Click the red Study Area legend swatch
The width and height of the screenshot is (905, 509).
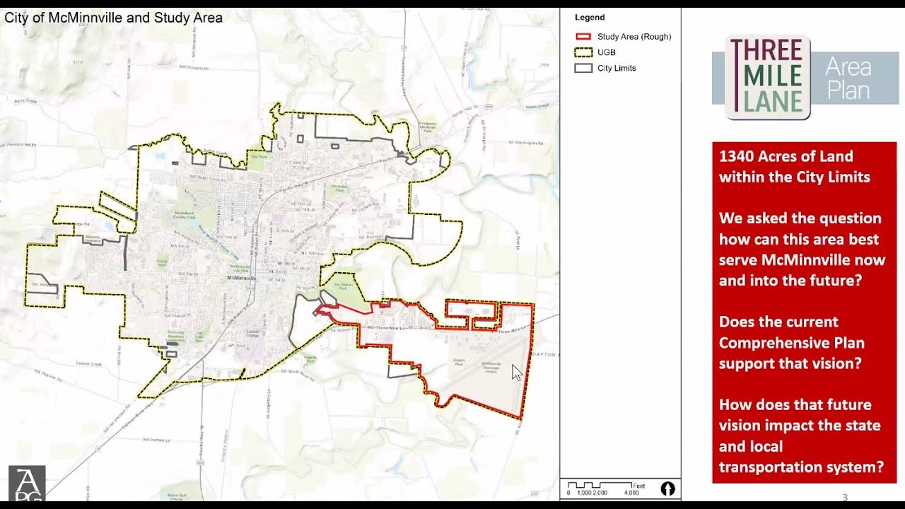(x=583, y=37)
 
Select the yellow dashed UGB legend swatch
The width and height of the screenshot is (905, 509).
(x=583, y=52)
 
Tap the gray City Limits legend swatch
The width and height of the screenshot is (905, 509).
(x=583, y=68)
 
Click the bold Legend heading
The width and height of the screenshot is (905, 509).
(x=590, y=18)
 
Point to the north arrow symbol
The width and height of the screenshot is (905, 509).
(x=667, y=488)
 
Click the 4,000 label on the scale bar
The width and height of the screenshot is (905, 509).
(x=631, y=493)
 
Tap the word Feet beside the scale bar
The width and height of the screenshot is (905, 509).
(x=639, y=486)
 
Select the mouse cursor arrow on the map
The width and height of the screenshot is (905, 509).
(x=516, y=373)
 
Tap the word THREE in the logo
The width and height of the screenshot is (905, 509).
(x=766, y=51)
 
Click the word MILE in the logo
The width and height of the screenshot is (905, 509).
(x=766, y=76)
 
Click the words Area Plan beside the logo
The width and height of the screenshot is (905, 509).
(x=848, y=78)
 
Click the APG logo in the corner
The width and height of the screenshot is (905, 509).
(x=27, y=484)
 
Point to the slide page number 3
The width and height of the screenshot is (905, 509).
(x=845, y=496)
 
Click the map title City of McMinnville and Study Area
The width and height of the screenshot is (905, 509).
(x=114, y=18)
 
